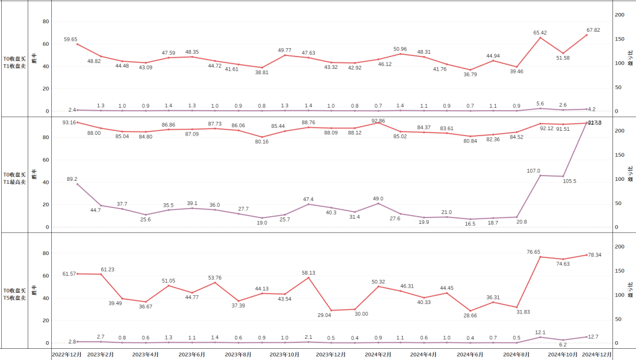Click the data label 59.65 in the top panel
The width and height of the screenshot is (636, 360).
point(71,39)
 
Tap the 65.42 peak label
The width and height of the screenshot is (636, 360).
point(541,33)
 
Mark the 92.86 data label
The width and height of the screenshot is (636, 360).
point(379,121)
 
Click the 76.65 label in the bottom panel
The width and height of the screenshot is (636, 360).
point(534,252)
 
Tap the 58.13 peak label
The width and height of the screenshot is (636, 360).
point(309,273)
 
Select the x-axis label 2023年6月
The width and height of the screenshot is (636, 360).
point(191,355)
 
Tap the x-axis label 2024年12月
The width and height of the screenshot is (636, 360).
point(598,355)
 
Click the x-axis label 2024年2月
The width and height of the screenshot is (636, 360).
point(378,355)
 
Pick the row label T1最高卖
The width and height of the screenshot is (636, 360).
point(15,182)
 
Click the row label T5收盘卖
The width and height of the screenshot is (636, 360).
point(15,298)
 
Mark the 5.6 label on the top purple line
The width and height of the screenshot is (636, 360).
point(540,104)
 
